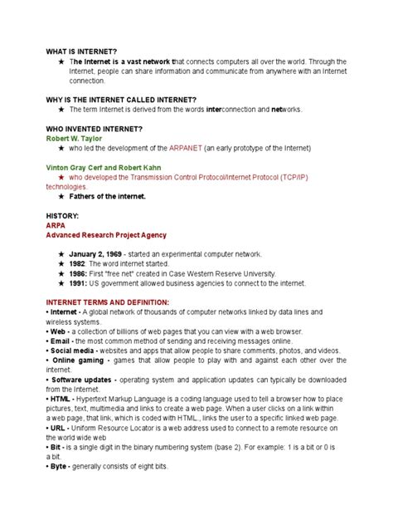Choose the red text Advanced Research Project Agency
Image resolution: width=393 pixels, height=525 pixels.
click(x=106, y=234)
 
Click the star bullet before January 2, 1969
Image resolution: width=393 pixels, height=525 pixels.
click(x=61, y=253)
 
